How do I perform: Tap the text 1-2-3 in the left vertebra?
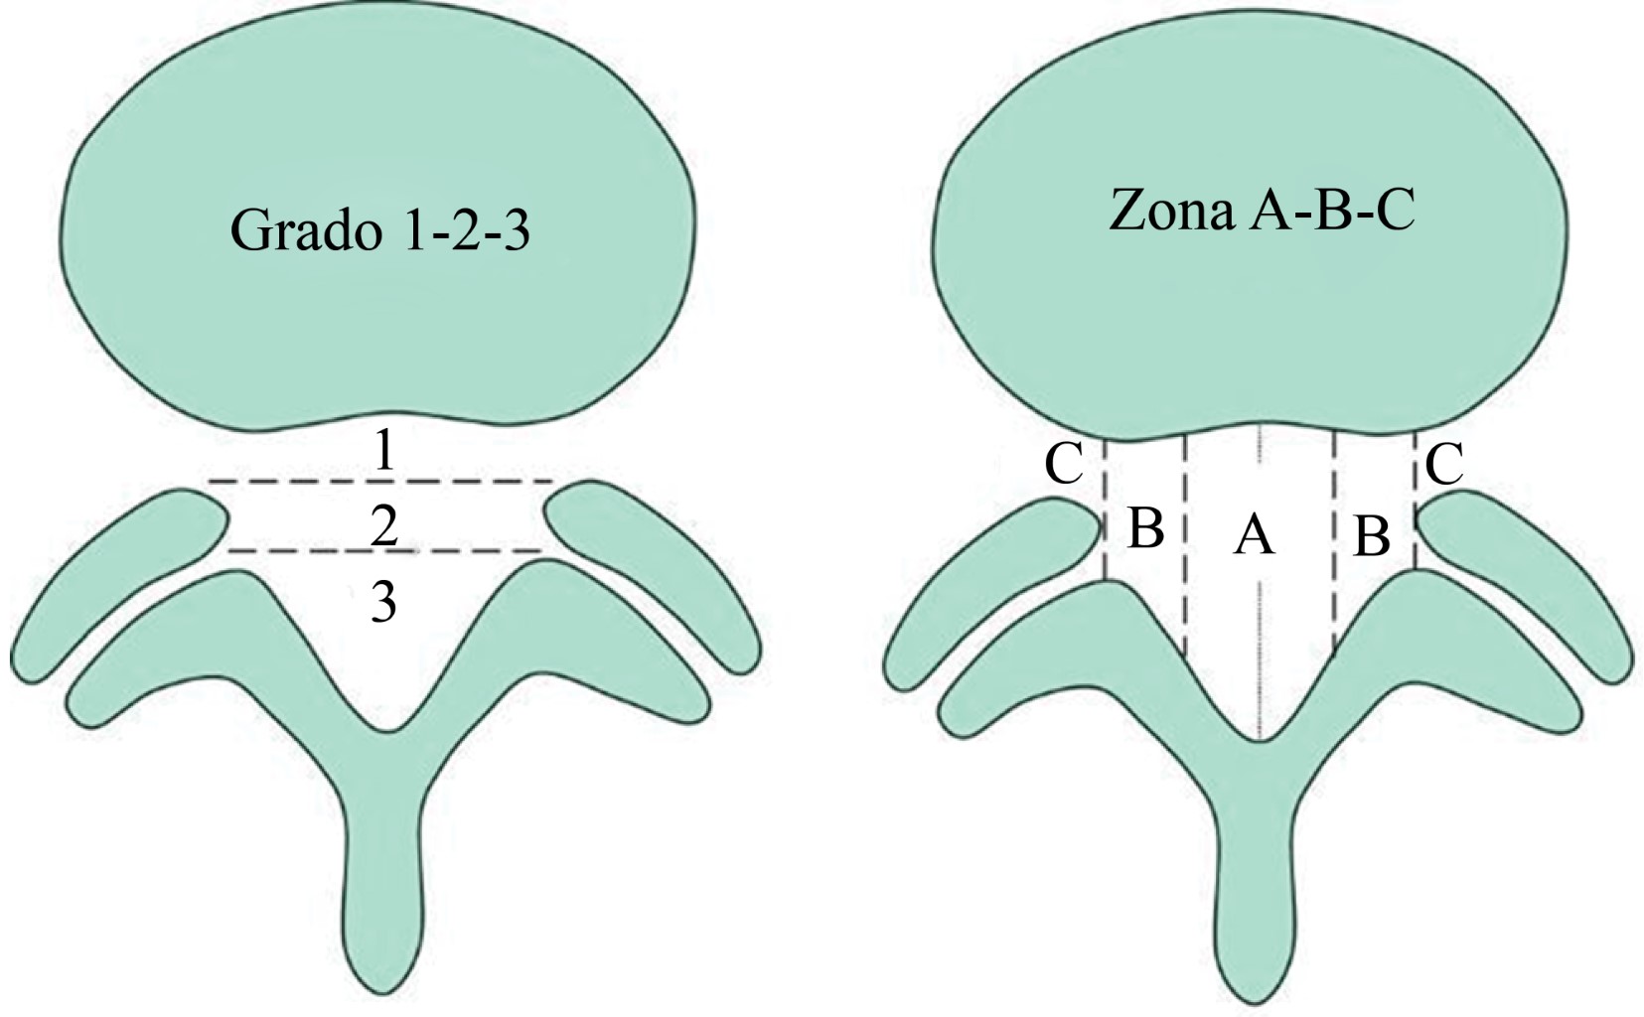[x=468, y=231]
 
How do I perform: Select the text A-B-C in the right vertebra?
[x=1330, y=211]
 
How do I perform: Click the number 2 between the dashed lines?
[x=384, y=525]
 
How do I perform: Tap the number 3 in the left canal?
[x=384, y=601]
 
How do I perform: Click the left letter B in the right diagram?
[x=1145, y=528]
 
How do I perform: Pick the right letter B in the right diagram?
[x=1372, y=537]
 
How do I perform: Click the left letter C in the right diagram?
[x=1064, y=464]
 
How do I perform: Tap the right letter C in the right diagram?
[x=1443, y=464]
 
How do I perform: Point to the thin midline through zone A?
[x=1260, y=646]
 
